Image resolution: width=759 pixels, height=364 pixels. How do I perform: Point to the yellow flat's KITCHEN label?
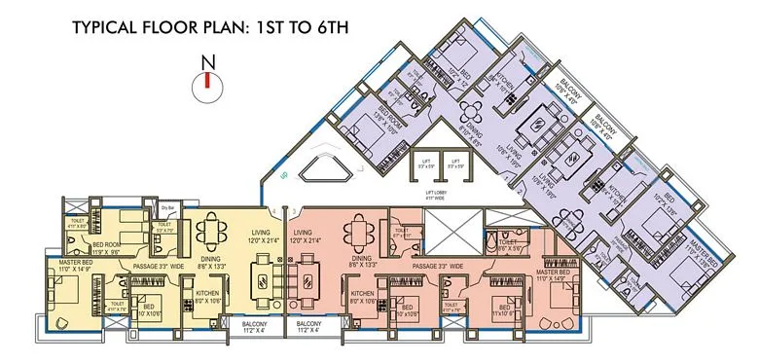click(208, 294)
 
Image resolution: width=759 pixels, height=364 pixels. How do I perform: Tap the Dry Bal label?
click(167, 206)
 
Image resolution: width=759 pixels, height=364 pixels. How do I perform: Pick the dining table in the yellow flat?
click(213, 235)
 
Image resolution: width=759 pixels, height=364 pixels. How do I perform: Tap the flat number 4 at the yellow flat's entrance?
click(280, 211)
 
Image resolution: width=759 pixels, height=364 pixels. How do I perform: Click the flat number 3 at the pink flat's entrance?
click(293, 211)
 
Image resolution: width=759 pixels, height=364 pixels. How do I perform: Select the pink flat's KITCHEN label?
click(363, 294)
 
